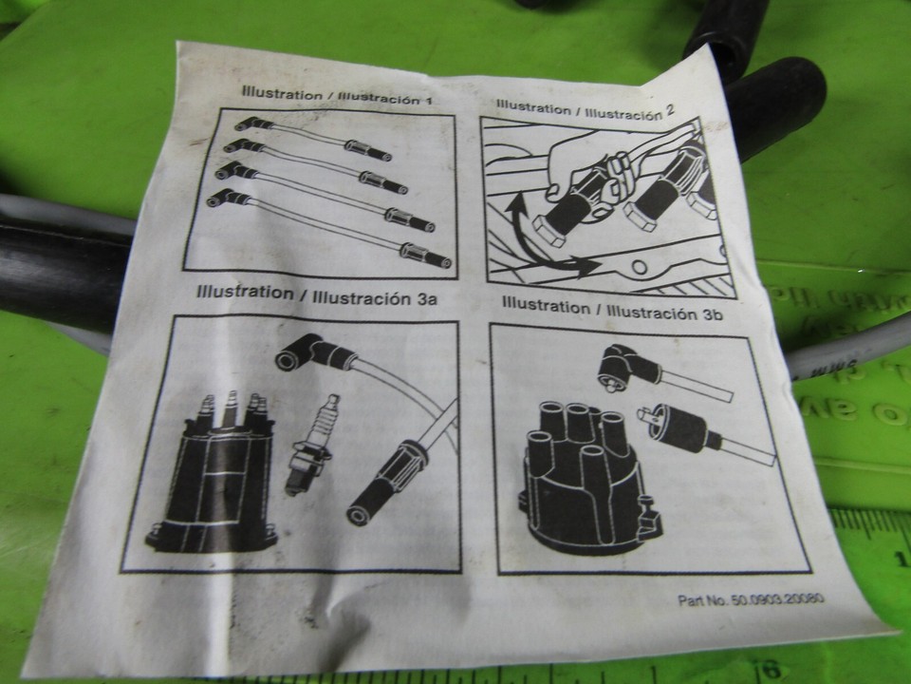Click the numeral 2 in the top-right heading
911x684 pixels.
click(x=670, y=109)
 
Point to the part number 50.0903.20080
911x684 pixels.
click(x=751, y=600)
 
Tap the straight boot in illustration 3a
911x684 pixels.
click(x=380, y=480)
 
